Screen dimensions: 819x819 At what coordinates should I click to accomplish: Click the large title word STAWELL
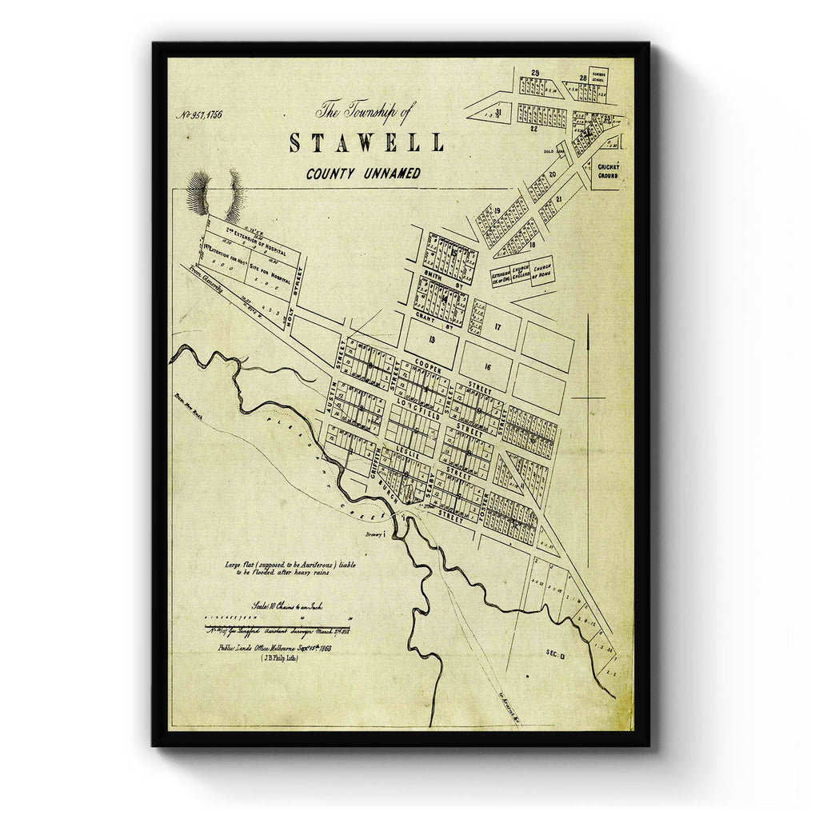tap(366, 143)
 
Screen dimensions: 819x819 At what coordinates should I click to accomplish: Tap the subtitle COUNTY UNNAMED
tap(362, 174)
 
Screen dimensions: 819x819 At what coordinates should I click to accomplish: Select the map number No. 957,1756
tap(199, 114)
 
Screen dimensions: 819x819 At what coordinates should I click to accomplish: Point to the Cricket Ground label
tap(608, 170)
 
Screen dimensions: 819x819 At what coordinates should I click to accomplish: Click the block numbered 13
tap(431, 339)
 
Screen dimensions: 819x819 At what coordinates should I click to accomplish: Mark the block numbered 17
tap(497, 326)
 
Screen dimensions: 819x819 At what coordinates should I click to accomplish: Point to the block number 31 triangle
tap(497, 113)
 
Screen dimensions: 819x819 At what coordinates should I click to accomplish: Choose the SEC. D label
tap(556, 653)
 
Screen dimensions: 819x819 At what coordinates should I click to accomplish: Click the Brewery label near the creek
tap(374, 534)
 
